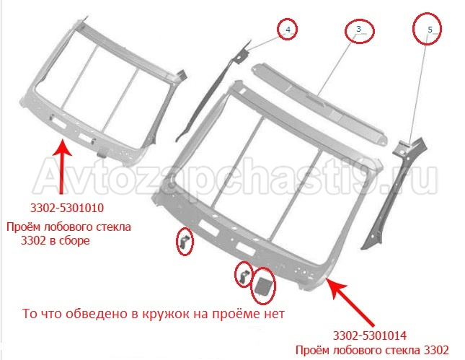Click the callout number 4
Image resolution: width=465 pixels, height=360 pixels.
coord(288,30)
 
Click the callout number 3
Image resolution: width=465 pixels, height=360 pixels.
coord(358,29)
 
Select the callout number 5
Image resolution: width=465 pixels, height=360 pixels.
coord(430,30)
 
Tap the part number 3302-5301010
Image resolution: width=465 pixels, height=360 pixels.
coord(67,208)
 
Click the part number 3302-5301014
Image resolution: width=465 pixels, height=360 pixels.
coord(370,335)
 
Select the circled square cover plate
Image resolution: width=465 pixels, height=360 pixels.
coord(262,286)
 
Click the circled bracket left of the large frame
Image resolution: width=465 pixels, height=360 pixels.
coord(184,241)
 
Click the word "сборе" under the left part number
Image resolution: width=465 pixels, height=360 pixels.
coord(74,240)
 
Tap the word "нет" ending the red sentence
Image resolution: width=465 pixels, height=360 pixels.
coord(274,314)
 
